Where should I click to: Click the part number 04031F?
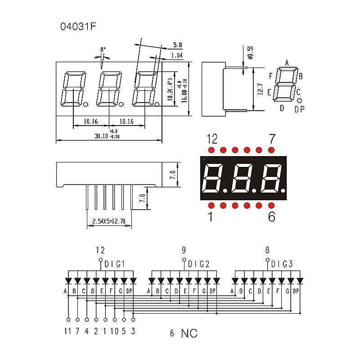[78, 27]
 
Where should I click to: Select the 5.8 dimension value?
[177, 45]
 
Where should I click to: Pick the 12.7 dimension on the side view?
[260, 89]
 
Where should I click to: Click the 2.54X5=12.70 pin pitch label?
[109, 221]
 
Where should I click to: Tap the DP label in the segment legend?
[300, 108]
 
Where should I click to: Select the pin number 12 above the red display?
[212, 139]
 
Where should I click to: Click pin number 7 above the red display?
[272, 139]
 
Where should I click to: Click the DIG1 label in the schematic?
[115, 264]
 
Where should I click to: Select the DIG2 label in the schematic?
[198, 264]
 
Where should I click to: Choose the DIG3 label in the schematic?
[282, 264]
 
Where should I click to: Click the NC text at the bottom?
[189, 333]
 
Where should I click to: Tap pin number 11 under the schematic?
[68, 332]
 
